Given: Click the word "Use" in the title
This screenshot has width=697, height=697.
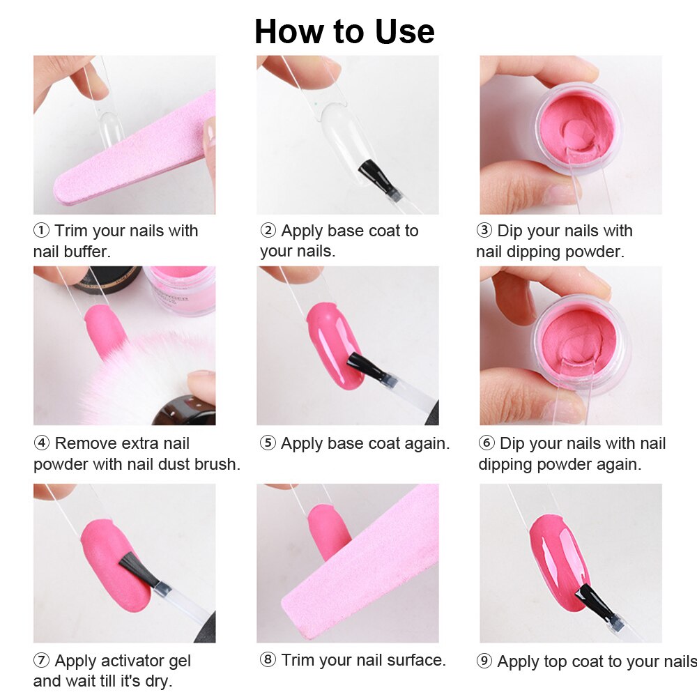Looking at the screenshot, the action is click(404, 31).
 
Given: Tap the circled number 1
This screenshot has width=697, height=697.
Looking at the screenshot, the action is click(41, 230).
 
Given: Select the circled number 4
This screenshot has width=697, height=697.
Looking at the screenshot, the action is click(41, 443).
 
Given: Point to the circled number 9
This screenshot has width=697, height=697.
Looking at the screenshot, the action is click(484, 661).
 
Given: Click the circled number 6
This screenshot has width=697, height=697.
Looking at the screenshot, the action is click(487, 443).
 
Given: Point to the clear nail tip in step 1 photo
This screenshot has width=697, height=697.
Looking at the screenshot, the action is click(110, 130).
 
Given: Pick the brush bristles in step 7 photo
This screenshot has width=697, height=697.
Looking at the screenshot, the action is click(139, 569).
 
